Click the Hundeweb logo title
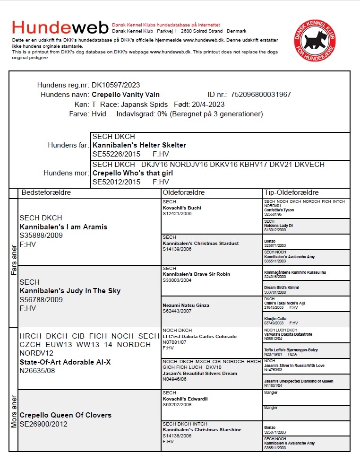pyautogui.click(x=60, y=27)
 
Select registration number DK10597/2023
pyautogui.click(x=116, y=85)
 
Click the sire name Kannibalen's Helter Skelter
pyautogui.click(x=139, y=145)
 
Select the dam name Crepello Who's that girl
pyautogui.click(x=133, y=173)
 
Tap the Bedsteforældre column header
pyautogui.click(x=46, y=193)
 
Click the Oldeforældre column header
pyautogui.click(x=184, y=193)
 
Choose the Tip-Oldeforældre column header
pyautogui.click(x=291, y=193)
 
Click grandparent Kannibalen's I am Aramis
pyautogui.click(x=63, y=227)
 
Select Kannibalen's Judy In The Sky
pyautogui.click(x=70, y=291)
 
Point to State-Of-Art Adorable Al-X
pyautogui.click(x=65, y=362)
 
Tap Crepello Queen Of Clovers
pyautogui.click(x=65, y=415)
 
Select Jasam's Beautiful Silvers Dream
pyautogui.click(x=200, y=373)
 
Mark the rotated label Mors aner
pyautogui.click(x=14, y=411)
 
